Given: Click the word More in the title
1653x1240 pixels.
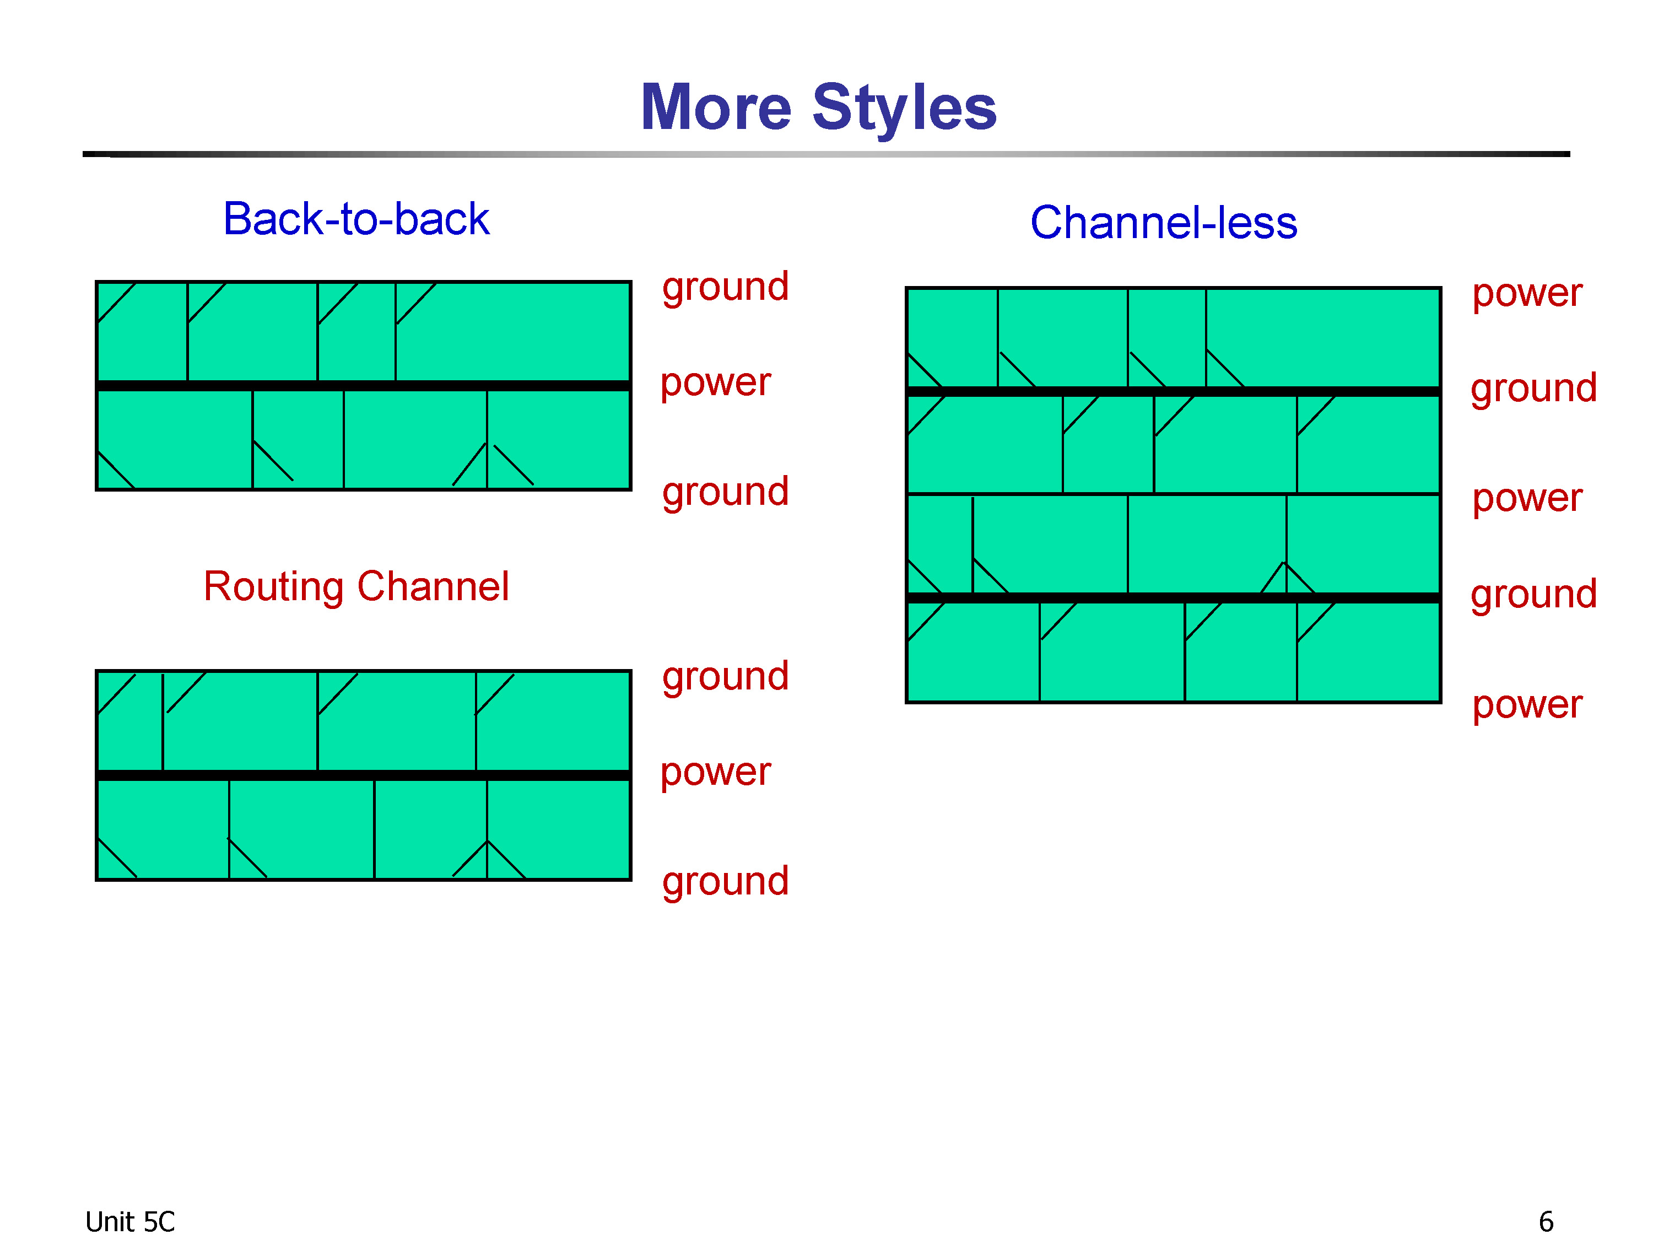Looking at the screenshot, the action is click(716, 107).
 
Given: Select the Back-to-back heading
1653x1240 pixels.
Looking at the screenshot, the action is click(356, 218).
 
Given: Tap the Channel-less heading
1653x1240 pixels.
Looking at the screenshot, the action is click(1164, 222).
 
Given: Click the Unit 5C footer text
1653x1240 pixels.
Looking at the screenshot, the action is click(129, 1221).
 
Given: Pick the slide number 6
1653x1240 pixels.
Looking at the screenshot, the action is click(1546, 1221).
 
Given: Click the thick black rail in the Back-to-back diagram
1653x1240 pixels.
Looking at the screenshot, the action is click(364, 386).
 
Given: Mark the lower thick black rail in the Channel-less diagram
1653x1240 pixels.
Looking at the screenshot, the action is click(1173, 598).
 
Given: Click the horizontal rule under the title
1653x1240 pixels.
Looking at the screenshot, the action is click(826, 154).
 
